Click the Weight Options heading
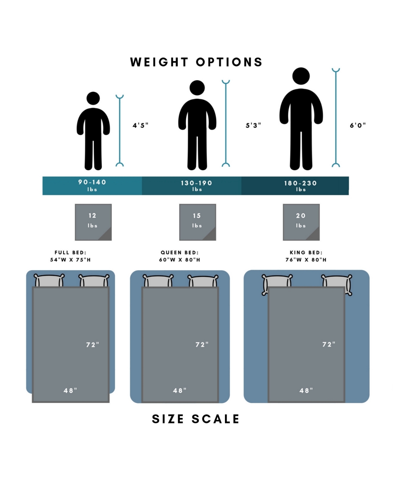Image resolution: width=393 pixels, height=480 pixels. coord(196,62)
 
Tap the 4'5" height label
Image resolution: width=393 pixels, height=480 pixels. coord(140,125)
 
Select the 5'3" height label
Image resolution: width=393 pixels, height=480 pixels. coord(253,125)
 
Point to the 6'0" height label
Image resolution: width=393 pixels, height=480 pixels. coord(358,125)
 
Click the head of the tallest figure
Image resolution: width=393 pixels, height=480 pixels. coord(301,76)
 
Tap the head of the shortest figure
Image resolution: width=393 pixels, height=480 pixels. coord(93,98)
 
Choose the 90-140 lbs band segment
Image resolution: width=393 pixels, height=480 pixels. coord(92,186)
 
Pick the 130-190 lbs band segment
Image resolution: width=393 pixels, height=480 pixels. coord(196,186)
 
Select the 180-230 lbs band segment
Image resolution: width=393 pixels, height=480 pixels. coord(300,186)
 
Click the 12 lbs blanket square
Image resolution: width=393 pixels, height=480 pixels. coord(93,222)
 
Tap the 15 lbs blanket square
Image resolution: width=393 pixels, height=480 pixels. coord(197,222)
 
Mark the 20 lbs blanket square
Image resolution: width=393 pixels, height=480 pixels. coord(301,222)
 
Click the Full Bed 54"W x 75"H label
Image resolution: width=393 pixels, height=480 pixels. coord(70,256)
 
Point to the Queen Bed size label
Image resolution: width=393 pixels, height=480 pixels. coord(179,256)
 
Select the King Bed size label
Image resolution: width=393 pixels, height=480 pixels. coord(306,256)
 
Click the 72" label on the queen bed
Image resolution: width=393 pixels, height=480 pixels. coord(202,345)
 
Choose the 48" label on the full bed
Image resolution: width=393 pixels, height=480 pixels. coord(70,390)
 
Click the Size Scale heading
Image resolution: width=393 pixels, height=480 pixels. coord(196,419)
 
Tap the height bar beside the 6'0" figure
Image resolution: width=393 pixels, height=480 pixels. coord(336,118)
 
